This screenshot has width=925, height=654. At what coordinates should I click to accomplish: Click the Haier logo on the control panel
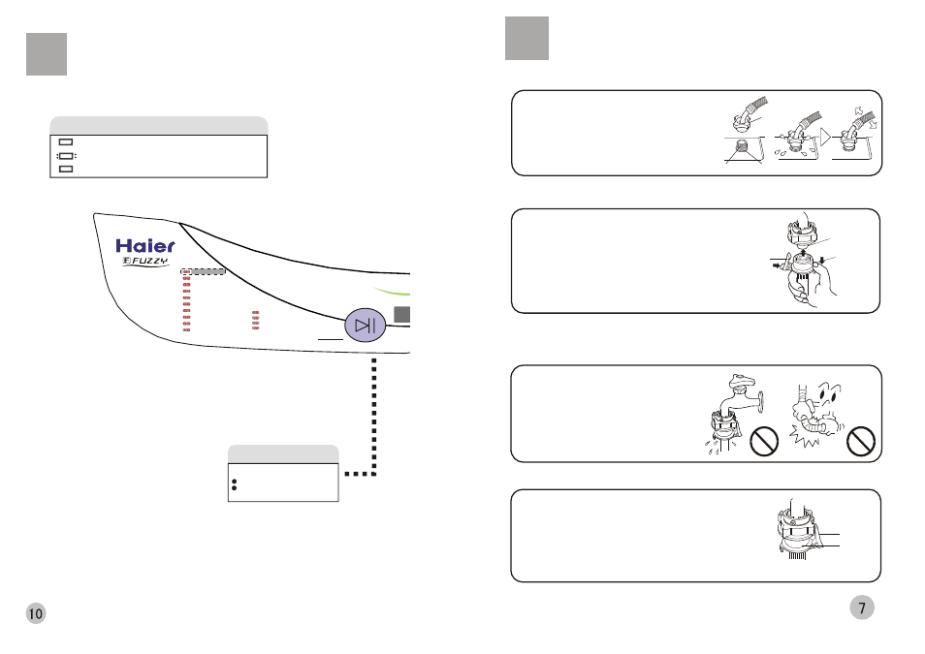(146, 246)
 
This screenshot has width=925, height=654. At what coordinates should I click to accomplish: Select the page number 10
(36, 613)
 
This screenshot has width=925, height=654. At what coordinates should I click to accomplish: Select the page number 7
(862, 607)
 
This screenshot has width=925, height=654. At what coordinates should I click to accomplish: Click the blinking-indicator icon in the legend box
(66, 155)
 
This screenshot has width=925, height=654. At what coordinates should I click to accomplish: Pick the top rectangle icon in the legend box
(66, 142)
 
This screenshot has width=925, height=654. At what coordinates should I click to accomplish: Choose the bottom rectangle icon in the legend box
(66, 169)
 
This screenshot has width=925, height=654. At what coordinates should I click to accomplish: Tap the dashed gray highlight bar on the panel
(204, 272)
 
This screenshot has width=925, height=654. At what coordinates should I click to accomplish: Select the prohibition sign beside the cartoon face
(860, 443)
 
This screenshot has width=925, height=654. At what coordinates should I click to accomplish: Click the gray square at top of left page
(47, 54)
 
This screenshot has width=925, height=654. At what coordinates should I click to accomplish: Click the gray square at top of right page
(526, 39)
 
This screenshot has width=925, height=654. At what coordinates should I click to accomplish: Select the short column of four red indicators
(256, 321)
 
